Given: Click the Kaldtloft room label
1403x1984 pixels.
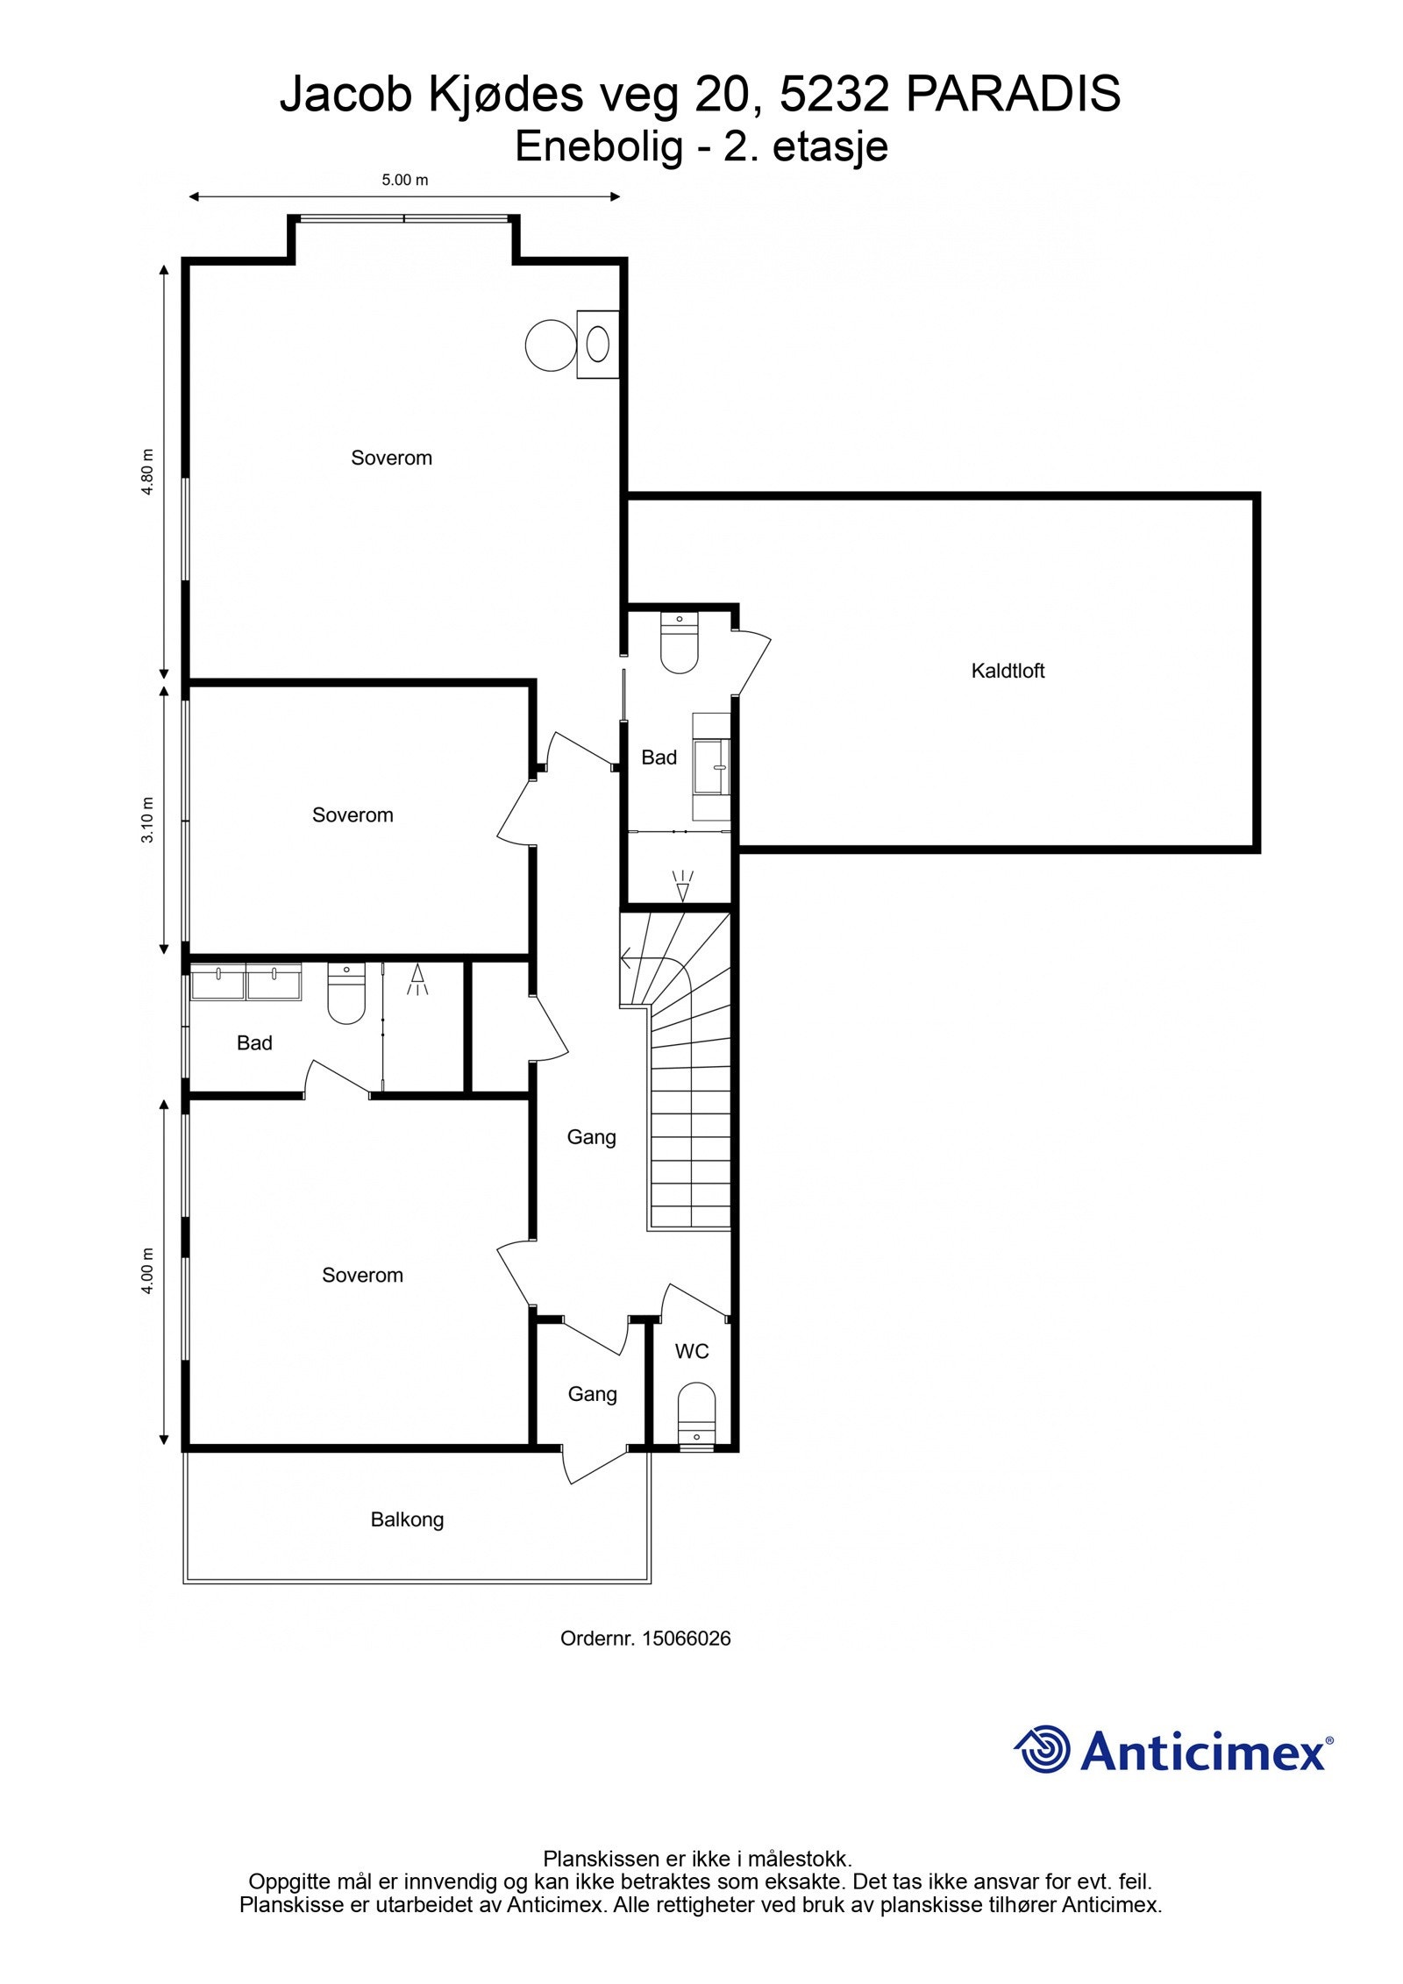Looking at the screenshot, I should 1008,672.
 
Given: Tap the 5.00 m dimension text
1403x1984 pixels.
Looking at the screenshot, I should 404,181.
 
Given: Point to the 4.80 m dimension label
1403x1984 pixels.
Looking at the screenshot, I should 148,472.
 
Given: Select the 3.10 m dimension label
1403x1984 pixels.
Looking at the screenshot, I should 148,820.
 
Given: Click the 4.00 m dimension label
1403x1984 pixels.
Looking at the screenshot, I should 148,1270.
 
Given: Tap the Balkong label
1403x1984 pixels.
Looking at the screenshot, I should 407,1519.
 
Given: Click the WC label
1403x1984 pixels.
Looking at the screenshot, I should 691,1352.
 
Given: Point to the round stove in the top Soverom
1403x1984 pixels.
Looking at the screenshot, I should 551,345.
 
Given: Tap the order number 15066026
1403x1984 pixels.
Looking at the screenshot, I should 686,1639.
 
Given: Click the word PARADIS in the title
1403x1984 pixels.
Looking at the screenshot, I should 1013,95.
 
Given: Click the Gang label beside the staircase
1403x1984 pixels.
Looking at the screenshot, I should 591,1137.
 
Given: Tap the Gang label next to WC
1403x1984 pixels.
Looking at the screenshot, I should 592,1394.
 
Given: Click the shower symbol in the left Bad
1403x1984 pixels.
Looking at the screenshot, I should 417,980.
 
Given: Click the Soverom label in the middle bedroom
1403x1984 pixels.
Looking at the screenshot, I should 353,815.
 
